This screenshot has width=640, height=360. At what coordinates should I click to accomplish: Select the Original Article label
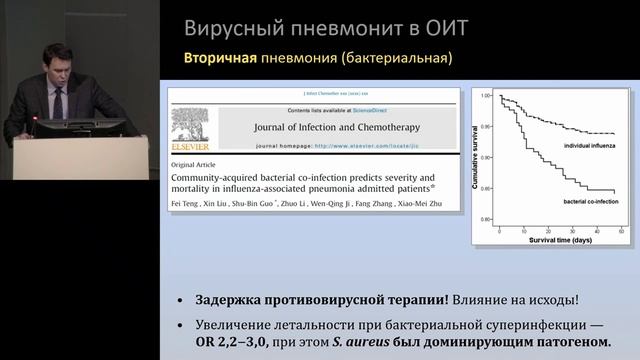click(x=197, y=163)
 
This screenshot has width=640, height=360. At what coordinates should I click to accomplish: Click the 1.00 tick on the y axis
click(x=488, y=96)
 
